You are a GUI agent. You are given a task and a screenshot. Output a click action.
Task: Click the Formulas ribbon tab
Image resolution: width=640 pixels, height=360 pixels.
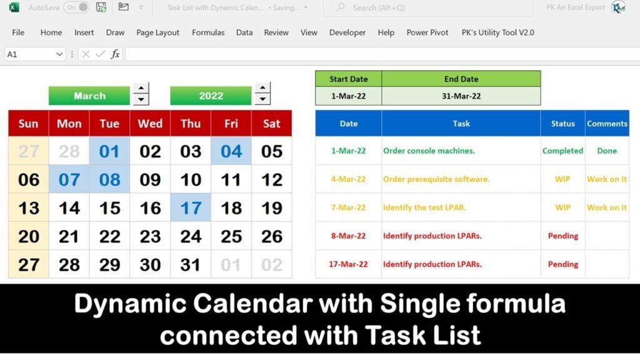pyautogui.click(x=208, y=32)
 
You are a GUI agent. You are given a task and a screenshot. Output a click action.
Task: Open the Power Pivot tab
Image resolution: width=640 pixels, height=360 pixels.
pyautogui.click(x=427, y=32)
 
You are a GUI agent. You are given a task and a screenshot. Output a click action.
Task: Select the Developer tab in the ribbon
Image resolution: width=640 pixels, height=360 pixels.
pyautogui.click(x=347, y=32)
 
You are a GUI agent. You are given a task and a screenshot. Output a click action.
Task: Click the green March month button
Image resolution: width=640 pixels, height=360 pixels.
pyautogui.click(x=89, y=96)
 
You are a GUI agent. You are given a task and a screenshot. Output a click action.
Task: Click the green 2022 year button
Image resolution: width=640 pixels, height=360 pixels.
pyautogui.click(x=211, y=96)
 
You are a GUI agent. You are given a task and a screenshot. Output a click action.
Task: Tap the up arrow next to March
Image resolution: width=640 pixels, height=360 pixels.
pyautogui.click(x=142, y=89)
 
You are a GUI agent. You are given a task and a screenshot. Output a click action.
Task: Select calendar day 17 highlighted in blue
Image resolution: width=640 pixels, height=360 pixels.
pyautogui.click(x=191, y=207)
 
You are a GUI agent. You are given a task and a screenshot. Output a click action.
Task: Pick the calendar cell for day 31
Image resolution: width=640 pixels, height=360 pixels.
pyautogui.click(x=191, y=264)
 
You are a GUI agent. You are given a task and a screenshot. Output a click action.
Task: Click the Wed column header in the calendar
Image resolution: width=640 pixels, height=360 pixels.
pyautogui.click(x=150, y=123)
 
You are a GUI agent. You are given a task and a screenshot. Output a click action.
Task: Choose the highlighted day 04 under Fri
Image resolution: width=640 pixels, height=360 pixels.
pyautogui.click(x=231, y=151)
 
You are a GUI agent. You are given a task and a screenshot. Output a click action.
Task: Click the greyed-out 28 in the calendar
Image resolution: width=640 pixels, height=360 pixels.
pyautogui.click(x=69, y=151)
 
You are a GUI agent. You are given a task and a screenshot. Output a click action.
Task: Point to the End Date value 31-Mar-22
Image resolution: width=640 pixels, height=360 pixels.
pyautogui.click(x=461, y=96)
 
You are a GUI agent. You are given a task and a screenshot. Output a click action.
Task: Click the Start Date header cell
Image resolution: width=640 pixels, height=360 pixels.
pyautogui.click(x=349, y=79)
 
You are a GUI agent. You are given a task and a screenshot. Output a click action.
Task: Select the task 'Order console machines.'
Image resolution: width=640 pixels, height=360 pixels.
pyautogui.click(x=429, y=151)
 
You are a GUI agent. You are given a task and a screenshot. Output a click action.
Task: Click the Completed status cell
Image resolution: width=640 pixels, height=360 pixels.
pyautogui.click(x=562, y=151)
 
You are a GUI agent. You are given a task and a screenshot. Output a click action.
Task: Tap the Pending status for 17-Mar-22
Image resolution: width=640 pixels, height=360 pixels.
pyautogui.click(x=562, y=264)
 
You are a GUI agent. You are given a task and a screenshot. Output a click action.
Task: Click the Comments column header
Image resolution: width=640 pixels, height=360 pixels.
pyautogui.click(x=607, y=124)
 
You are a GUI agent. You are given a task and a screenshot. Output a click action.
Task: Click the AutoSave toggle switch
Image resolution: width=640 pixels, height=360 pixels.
pyautogui.click(x=77, y=7)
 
